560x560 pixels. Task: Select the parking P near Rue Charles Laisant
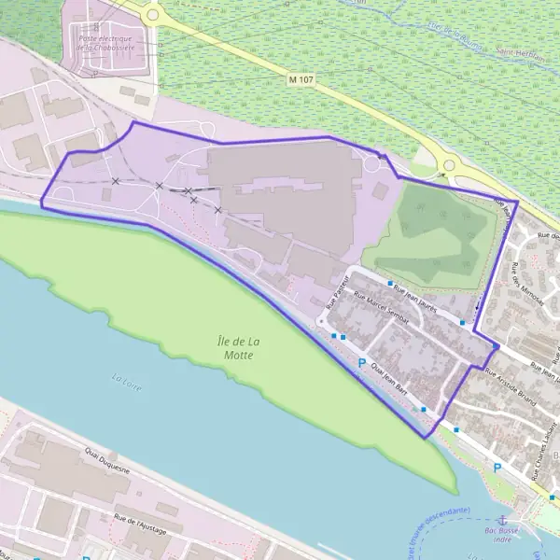(x=497, y=468)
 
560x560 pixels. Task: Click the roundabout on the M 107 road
(x=450, y=166)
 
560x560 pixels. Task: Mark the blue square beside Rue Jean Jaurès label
(x=390, y=282)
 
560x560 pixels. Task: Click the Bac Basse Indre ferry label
(x=502, y=534)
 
